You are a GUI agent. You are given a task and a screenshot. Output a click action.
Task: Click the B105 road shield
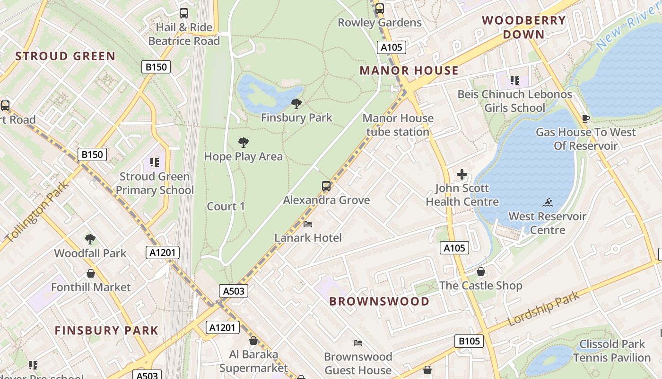click(x=469, y=341)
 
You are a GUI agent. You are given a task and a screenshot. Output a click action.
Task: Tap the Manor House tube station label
click(x=398, y=125)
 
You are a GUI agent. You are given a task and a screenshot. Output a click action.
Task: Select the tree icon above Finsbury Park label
click(x=296, y=103)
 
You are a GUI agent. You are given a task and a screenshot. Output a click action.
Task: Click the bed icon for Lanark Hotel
click(x=308, y=224)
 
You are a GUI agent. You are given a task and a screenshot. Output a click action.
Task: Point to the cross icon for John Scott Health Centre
click(x=462, y=174)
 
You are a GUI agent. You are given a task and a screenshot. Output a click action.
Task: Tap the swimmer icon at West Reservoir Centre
click(x=548, y=203)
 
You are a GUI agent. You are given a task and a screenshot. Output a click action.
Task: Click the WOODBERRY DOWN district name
click(x=523, y=27)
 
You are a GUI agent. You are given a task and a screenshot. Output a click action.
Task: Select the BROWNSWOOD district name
click(x=379, y=301)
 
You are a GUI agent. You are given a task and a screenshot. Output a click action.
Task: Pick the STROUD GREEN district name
click(x=65, y=56)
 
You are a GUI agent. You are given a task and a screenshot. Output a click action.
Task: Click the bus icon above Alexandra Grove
click(x=326, y=186)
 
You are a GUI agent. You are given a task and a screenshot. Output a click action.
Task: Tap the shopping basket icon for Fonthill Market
click(x=91, y=273)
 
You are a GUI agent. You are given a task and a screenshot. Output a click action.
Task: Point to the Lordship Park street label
click(x=544, y=309)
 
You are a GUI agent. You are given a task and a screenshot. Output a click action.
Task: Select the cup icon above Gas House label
click(x=586, y=118)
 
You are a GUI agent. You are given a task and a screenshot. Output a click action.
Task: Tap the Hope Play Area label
click(x=243, y=156)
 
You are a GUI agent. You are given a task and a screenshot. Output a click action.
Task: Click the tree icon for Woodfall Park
click(x=90, y=239)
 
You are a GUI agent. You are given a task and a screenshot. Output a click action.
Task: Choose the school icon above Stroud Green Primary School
click(x=155, y=162)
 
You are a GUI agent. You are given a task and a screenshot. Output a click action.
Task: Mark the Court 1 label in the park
click(x=226, y=207)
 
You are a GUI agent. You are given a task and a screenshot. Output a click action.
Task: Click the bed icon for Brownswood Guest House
click(x=358, y=343)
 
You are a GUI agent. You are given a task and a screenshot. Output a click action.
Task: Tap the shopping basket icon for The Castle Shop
click(x=481, y=271)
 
